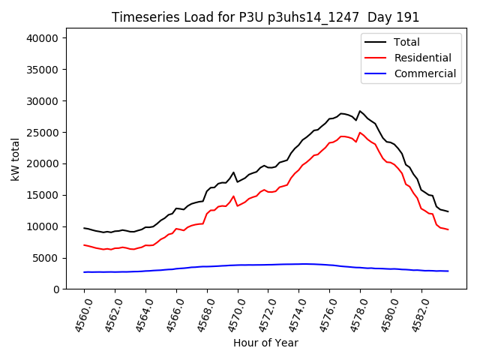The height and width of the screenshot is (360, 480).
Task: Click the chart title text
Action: pos(265,17)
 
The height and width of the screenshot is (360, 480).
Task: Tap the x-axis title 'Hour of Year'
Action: pos(265,343)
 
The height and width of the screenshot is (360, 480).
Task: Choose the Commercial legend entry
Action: pos(424,73)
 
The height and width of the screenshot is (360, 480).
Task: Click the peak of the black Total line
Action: pos(360,111)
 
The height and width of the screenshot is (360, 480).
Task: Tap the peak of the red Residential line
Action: pos(360,133)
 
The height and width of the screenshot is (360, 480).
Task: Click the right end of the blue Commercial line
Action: pos(448,271)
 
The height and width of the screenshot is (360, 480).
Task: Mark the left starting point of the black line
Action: pos(84,228)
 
